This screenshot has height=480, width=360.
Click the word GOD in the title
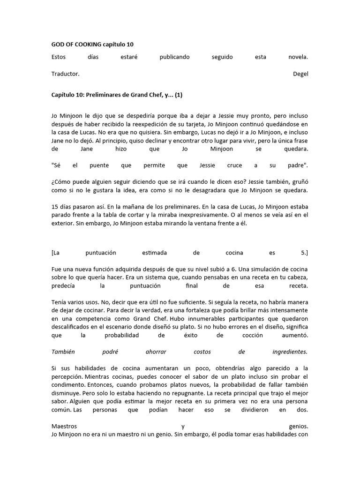(58, 44)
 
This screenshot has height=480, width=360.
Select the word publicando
(174, 57)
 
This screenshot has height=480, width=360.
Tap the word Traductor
(65, 74)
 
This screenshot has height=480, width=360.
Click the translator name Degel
(300, 74)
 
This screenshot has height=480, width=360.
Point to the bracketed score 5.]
(304, 253)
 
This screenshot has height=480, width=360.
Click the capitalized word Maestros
(64, 426)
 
